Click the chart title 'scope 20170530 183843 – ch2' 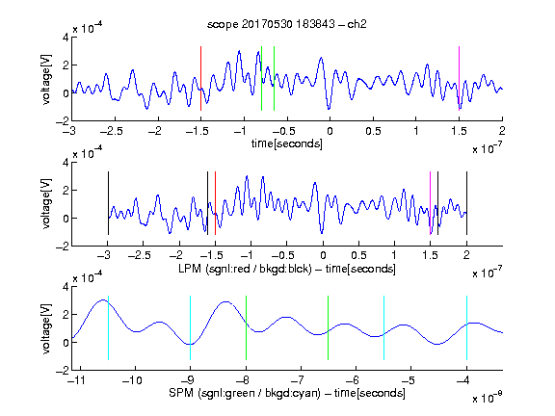tap(287, 24)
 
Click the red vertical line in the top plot tap(200, 79)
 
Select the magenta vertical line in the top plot tap(459, 79)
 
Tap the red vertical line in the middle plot tap(215, 203)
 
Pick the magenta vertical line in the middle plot tap(431, 203)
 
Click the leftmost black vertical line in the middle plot tap(108, 203)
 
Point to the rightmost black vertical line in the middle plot tap(467, 203)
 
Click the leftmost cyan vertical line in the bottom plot tap(108, 328)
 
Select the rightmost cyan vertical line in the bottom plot tap(467, 328)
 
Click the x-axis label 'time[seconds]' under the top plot tap(287, 143)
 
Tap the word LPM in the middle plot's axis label tap(190, 269)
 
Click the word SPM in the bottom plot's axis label tap(180, 393)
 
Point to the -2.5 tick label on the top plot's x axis tap(111, 131)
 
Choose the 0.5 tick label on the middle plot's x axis tap(358, 255)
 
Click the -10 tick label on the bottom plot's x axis tap(132, 380)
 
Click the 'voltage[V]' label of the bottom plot tap(46, 328)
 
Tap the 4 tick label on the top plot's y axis tap(66, 38)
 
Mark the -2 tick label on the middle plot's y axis tap(63, 247)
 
